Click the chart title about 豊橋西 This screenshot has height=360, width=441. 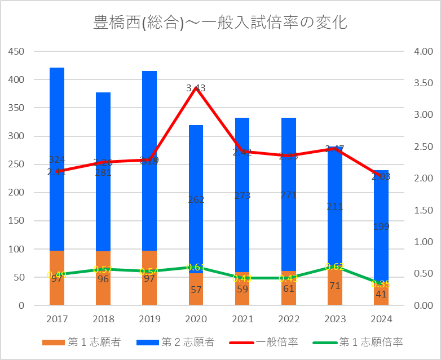click(x=220, y=23)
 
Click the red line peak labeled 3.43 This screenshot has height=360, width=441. click(x=196, y=88)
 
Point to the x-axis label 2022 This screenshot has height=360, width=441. click(x=289, y=319)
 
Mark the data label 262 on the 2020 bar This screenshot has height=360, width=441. click(x=196, y=199)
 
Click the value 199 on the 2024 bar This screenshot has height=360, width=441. click(x=381, y=226)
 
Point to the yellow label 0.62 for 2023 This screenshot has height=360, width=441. click(x=335, y=266)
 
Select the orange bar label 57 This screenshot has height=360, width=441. click(x=196, y=290)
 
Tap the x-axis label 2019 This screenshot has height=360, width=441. click(x=149, y=319)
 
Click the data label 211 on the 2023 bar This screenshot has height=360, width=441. click(x=335, y=206)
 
